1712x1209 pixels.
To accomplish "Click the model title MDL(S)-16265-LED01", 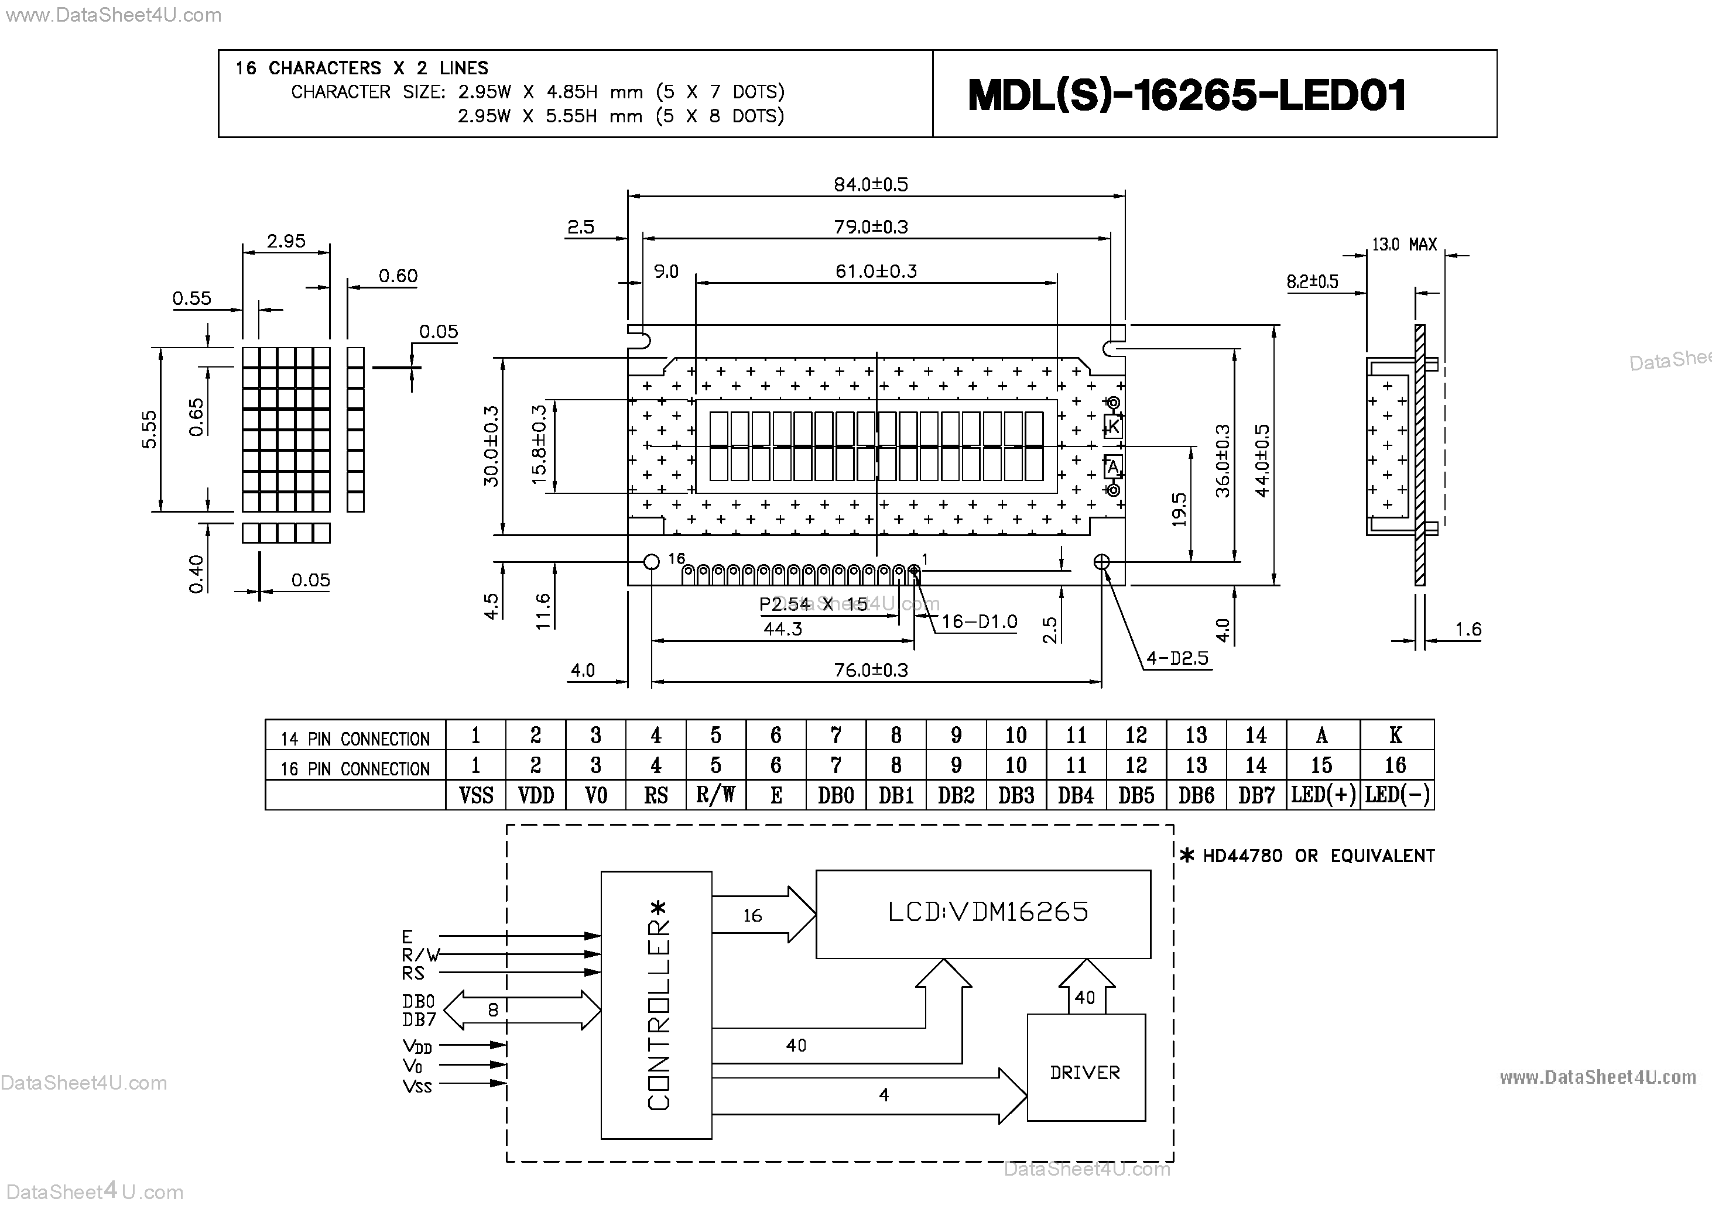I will [1186, 95].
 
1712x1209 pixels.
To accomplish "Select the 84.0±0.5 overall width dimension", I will [870, 184].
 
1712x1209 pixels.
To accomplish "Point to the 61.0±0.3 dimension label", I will [875, 272].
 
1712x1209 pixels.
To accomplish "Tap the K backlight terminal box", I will [1112, 427].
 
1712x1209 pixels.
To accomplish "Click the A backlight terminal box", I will [1112, 466].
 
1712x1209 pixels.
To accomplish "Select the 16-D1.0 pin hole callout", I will [978, 621].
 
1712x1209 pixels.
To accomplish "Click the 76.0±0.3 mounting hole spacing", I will [870, 670].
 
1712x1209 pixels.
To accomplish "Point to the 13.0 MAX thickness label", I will [1403, 245].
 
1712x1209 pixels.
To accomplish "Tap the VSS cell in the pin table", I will [476, 795].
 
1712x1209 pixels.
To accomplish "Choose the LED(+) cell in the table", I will [1323, 795].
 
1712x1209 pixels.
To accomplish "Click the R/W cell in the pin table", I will [715, 795].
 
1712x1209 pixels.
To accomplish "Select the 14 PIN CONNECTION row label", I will [355, 739].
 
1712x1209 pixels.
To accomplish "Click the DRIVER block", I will [1085, 1072].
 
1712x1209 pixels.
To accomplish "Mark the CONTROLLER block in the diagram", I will [656, 1005].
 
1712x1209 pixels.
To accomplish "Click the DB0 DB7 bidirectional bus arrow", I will [522, 1011].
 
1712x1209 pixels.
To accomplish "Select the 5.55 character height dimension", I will [149, 430].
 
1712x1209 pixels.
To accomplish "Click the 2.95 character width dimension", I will [286, 241].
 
